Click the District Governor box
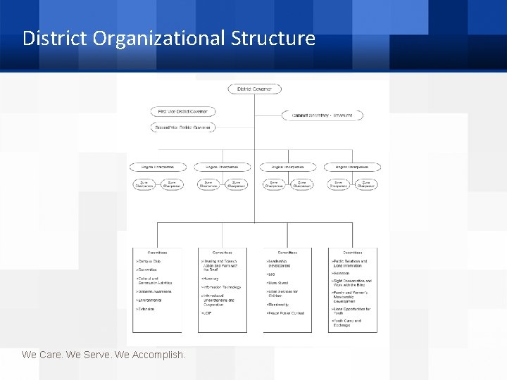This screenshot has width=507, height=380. (254, 89)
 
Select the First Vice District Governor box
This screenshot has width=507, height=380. (182, 111)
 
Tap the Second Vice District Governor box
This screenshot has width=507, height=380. (182, 127)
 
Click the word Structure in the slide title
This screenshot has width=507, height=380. (273, 38)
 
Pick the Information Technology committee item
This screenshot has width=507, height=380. (222, 287)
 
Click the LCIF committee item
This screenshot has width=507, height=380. (208, 313)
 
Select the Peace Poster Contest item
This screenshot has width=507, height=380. (286, 313)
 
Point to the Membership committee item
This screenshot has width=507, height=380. (280, 305)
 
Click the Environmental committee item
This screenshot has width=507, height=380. (149, 300)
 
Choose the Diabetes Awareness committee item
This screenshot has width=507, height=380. (154, 291)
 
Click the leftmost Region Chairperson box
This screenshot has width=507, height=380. (157, 167)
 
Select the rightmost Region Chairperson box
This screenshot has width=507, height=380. (352, 167)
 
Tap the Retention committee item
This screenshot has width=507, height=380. (342, 273)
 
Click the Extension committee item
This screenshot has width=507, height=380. (146, 309)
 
